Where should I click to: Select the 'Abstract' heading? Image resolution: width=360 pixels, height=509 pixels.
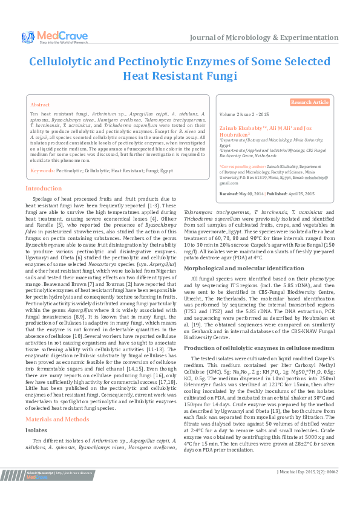point(40,105)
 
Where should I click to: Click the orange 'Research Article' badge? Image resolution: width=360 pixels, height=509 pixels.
point(310,103)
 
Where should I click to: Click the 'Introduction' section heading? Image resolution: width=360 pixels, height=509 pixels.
point(43,189)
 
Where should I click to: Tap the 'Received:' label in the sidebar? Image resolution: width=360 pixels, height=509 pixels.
point(229,193)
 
